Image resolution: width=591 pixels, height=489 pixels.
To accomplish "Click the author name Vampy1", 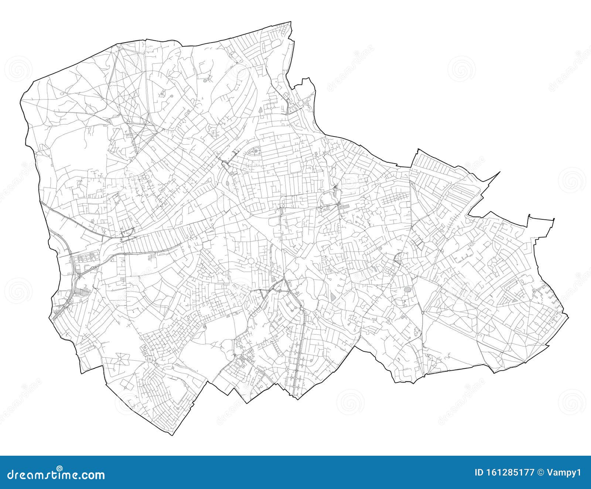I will [x=568, y=472].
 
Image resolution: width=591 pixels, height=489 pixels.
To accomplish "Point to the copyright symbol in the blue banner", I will [x=541, y=472].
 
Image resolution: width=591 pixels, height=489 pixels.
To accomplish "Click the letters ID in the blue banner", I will [x=479, y=472].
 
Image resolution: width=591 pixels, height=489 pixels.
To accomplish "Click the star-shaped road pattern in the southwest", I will [x=122, y=358].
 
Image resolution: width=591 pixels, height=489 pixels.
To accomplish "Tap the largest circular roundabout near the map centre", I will [x=251, y=262].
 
